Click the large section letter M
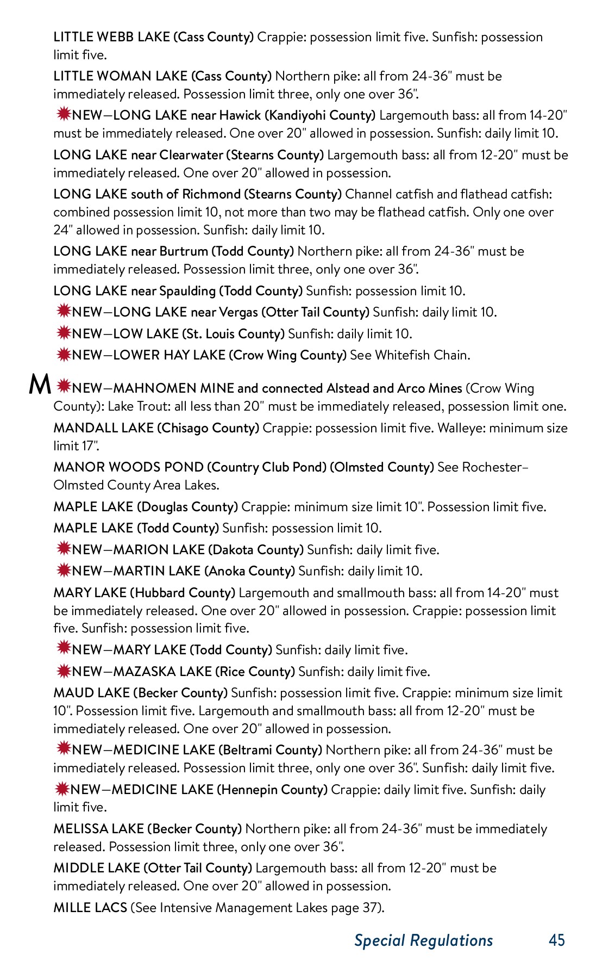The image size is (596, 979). [40, 385]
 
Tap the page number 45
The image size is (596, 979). [557, 940]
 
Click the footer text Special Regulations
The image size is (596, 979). [423, 940]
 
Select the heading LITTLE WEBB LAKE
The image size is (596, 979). [111, 37]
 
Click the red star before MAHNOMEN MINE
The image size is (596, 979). [64, 387]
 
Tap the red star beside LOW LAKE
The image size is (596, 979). [64, 332]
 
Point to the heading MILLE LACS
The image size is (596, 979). [90, 908]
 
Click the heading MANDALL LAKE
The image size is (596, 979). [103, 428]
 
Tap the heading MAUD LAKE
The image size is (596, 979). [91, 693]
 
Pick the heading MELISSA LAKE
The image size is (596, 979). [98, 829]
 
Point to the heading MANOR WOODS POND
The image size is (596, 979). [129, 467]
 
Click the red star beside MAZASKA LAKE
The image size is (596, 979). [64, 671]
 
